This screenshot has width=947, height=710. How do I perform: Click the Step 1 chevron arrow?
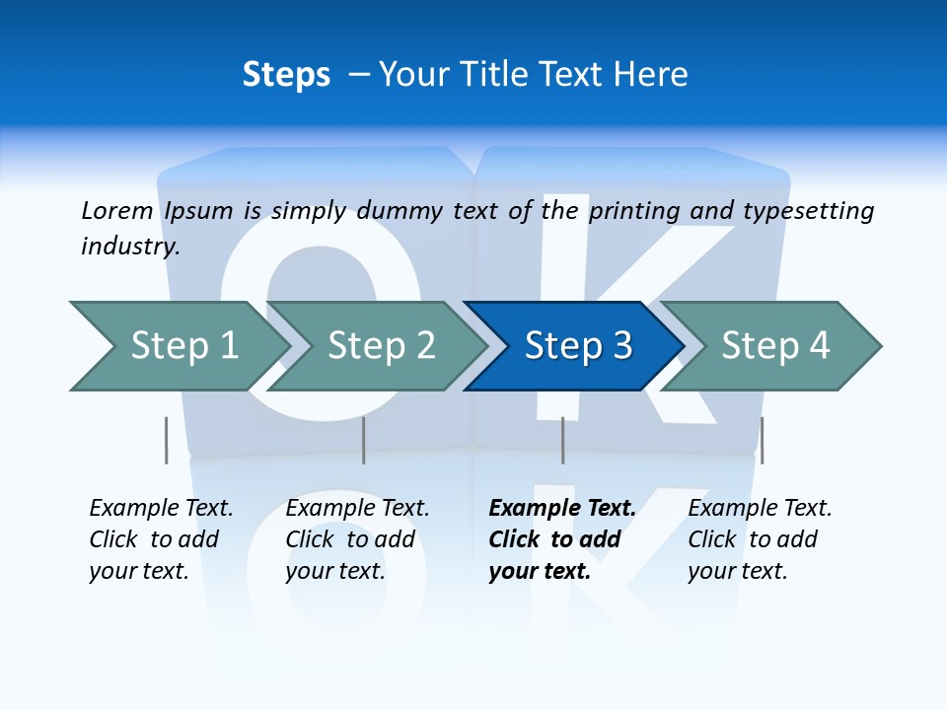coord(182,346)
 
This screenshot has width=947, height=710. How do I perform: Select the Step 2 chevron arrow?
coord(380,346)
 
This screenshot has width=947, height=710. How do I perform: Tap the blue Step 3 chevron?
coord(577,346)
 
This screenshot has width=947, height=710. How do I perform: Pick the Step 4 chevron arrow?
coord(774,346)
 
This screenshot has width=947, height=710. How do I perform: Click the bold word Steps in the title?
coord(286,75)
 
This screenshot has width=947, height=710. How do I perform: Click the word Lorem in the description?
coord(116,210)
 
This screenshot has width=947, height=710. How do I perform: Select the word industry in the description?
coord(130,246)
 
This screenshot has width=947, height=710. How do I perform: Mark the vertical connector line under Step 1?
coord(166,440)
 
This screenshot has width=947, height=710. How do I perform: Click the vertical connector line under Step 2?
coord(364,440)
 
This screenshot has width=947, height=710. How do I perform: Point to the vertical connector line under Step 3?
coord(562,440)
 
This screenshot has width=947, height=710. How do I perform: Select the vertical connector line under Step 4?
coord(762,440)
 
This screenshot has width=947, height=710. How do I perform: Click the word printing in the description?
coord(630,210)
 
